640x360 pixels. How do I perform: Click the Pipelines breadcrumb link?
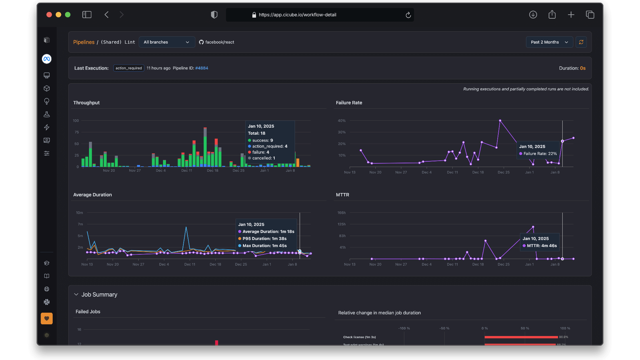[x=84, y=42]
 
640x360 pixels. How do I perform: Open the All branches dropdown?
[x=167, y=42]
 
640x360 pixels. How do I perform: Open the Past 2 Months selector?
[x=549, y=42]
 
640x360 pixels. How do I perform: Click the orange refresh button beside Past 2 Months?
[x=581, y=42]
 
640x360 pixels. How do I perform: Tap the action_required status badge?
[x=129, y=68]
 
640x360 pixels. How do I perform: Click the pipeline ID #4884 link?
[x=202, y=68]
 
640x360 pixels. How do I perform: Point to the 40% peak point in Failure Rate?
[x=500, y=121]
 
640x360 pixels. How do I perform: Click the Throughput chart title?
[x=86, y=103]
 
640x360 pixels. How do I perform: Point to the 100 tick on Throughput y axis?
[x=76, y=121]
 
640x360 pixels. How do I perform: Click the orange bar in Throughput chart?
[x=298, y=163]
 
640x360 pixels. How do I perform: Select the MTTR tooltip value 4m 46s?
[x=549, y=246]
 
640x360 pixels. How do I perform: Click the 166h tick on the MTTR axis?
[x=342, y=213]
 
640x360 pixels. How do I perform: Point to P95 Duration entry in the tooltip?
[x=264, y=239]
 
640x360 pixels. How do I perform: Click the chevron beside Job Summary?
[x=76, y=295]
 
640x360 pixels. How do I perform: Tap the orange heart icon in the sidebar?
[x=47, y=318]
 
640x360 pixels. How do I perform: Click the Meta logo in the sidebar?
[x=47, y=59]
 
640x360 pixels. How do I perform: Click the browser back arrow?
[x=107, y=15]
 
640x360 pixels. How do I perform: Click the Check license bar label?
[x=359, y=337]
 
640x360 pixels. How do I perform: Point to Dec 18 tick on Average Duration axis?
[x=215, y=264]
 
